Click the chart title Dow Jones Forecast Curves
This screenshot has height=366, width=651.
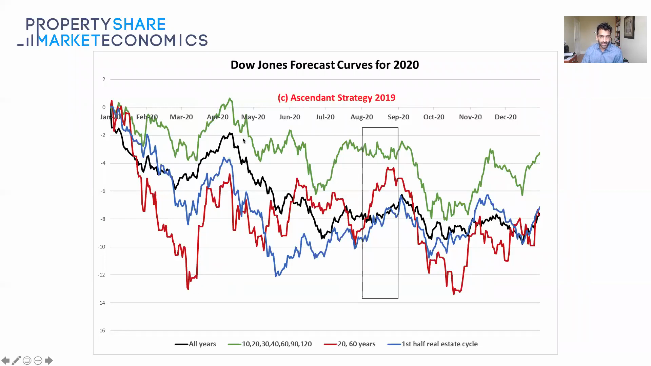324,65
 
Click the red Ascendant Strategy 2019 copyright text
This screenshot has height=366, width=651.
336,98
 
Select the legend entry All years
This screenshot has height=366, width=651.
202,344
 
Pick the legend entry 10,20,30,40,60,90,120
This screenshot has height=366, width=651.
276,344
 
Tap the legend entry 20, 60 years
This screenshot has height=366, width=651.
356,344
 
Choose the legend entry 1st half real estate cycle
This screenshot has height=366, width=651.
439,344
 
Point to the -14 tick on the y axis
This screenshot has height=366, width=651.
101,303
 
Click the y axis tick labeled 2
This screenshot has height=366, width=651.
104,79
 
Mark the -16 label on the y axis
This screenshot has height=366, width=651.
101,330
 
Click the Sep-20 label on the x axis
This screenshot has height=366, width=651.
398,117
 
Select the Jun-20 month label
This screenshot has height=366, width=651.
290,117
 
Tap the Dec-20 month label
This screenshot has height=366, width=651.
505,117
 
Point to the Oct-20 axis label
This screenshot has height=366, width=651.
434,117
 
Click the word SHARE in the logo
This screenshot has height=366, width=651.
139,24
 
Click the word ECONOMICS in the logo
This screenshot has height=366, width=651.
155,40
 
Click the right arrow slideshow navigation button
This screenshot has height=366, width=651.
48,360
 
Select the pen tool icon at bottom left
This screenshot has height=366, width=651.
16,360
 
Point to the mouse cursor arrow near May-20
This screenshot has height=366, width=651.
243,140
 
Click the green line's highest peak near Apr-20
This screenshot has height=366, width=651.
230,99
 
